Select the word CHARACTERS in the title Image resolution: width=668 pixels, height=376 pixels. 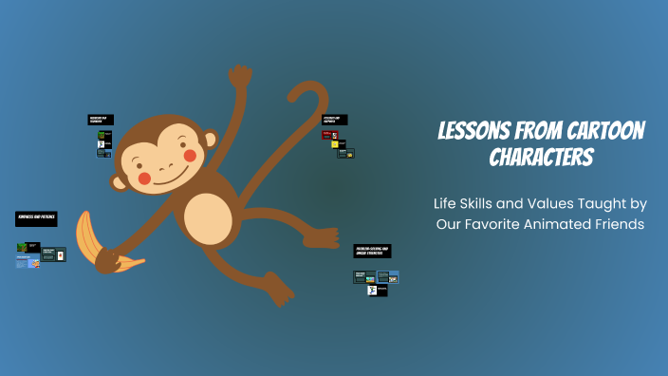(x=541, y=157)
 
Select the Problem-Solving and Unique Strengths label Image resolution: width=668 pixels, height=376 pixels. (x=372, y=250)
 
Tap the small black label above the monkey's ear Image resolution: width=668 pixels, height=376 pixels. (x=100, y=120)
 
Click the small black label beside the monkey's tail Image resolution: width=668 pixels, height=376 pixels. (x=334, y=120)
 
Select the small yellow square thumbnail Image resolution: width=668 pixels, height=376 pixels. (x=335, y=144)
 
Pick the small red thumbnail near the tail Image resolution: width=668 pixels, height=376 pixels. (x=327, y=135)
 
